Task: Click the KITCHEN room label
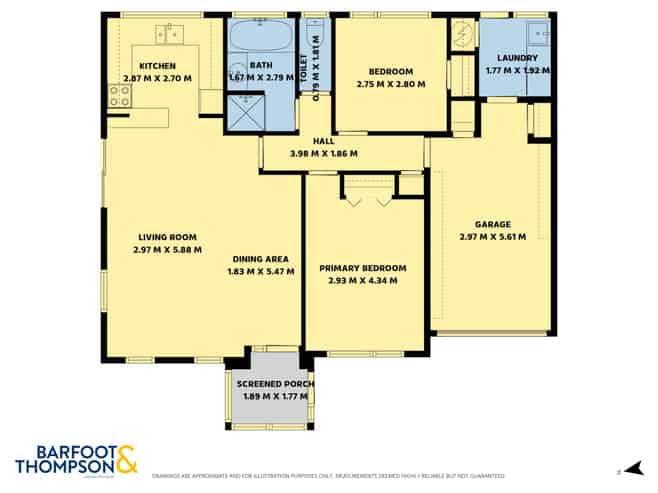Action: (158, 66)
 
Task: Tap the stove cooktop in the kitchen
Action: (120, 96)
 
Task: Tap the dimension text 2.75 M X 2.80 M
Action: (390, 84)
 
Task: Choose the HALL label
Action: (323, 142)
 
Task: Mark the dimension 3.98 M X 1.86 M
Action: (323, 154)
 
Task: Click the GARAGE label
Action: (492, 225)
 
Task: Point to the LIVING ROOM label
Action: (167, 237)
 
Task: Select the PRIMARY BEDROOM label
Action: (363, 268)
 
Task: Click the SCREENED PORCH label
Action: (275, 384)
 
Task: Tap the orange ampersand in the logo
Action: (126, 458)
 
